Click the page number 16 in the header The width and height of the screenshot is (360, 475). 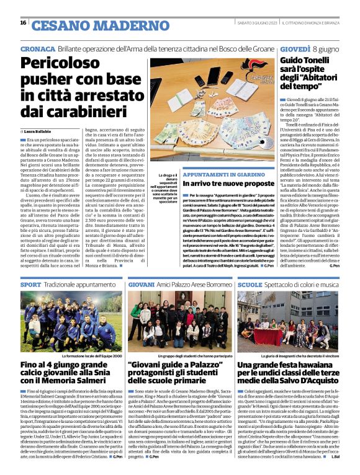coord(23,23)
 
